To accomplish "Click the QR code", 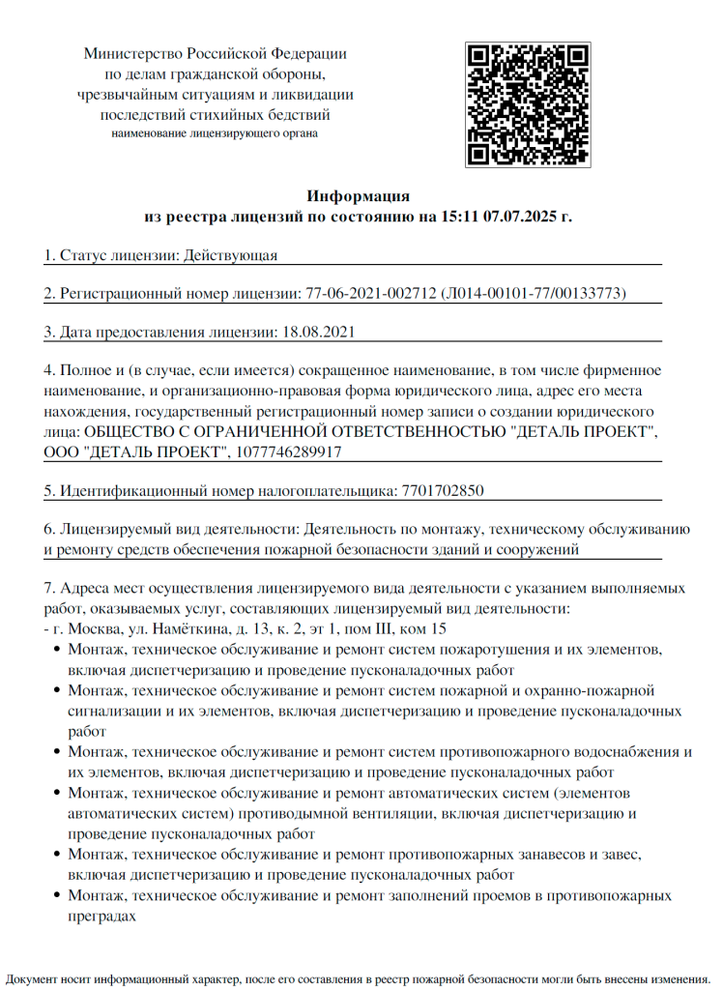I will pyautogui.click(x=528, y=103).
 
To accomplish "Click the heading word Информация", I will pyautogui.click(x=358, y=196).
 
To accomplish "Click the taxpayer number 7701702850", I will pyautogui.click(x=441, y=490).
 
